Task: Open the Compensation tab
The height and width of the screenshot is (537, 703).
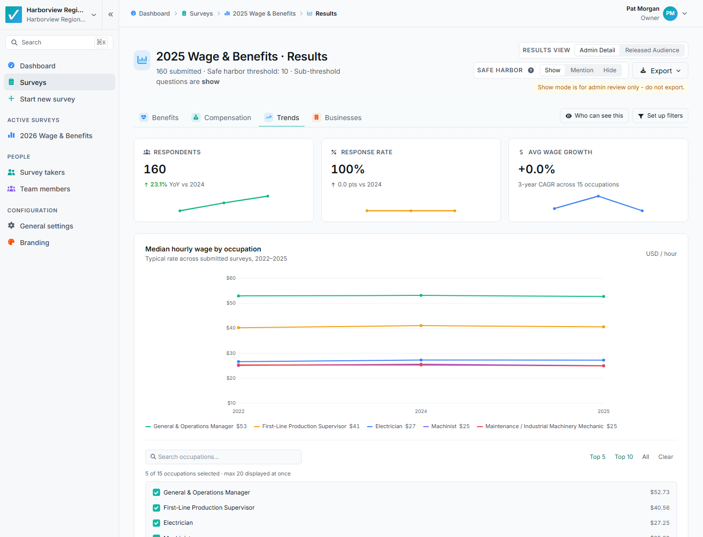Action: click(221, 118)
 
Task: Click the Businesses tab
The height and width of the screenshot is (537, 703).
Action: click(336, 118)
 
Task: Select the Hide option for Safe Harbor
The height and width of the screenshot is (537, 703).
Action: click(609, 70)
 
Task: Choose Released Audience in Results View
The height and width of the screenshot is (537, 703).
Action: click(652, 50)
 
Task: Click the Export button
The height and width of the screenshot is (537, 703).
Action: click(660, 70)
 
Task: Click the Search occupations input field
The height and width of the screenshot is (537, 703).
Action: click(223, 456)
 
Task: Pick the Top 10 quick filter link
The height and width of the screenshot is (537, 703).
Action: click(623, 456)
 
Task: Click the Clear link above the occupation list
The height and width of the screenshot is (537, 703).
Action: click(665, 456)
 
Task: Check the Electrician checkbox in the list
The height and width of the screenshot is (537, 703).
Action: click(156, 522)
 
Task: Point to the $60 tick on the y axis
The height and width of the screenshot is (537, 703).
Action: click(231, 278)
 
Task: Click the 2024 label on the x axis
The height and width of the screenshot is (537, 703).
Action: click(421, 411)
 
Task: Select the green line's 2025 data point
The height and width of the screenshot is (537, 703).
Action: click(603, 296)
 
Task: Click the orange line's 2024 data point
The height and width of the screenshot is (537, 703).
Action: click(421, 326)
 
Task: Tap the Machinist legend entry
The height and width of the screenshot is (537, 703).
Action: click(447, 426)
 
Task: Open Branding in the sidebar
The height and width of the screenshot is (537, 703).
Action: click(34, 243)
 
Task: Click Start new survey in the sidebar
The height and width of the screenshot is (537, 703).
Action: click(47, 99)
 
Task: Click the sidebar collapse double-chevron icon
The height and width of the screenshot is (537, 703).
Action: click(110, 15)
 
